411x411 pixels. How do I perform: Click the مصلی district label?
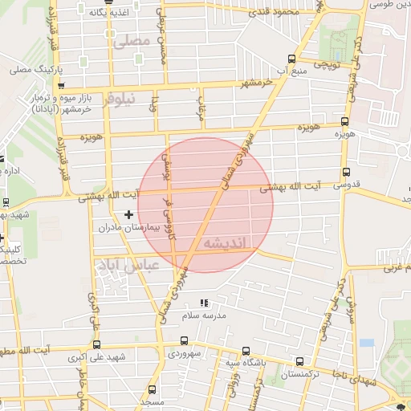(132, 39)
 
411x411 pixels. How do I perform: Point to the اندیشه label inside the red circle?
(226, 242)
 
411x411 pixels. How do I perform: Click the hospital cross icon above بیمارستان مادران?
(128, 214)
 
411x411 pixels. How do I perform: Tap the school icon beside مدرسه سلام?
(204, 303)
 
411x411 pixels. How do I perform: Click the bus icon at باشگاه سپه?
(245, 350)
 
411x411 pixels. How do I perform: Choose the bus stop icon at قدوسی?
(345, 172)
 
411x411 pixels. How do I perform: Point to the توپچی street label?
(327, 63)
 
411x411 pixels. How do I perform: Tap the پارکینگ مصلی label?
(31, 70)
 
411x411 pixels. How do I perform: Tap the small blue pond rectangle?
(367, 343)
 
